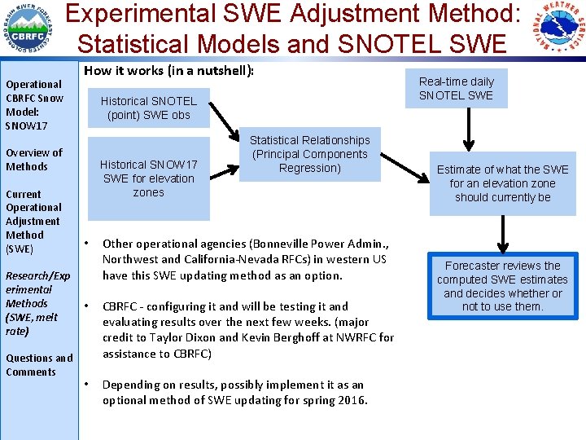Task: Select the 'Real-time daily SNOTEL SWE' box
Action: (x=456, y=88)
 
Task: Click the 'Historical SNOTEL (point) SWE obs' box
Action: (x=148, y=108)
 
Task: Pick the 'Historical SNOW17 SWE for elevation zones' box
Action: (x=148, y=178)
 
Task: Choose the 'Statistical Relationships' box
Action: (x=309, y=154)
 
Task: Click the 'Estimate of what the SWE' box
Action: (x=502, y=183)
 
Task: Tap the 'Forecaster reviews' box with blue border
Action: (x=502, y=286)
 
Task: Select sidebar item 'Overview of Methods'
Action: (x=33, y=160)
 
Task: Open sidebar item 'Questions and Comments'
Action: (x=38, y=365)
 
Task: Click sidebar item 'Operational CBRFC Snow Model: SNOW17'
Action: (x=33, y=105)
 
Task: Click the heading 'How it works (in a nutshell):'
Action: (x=169, y=71)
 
